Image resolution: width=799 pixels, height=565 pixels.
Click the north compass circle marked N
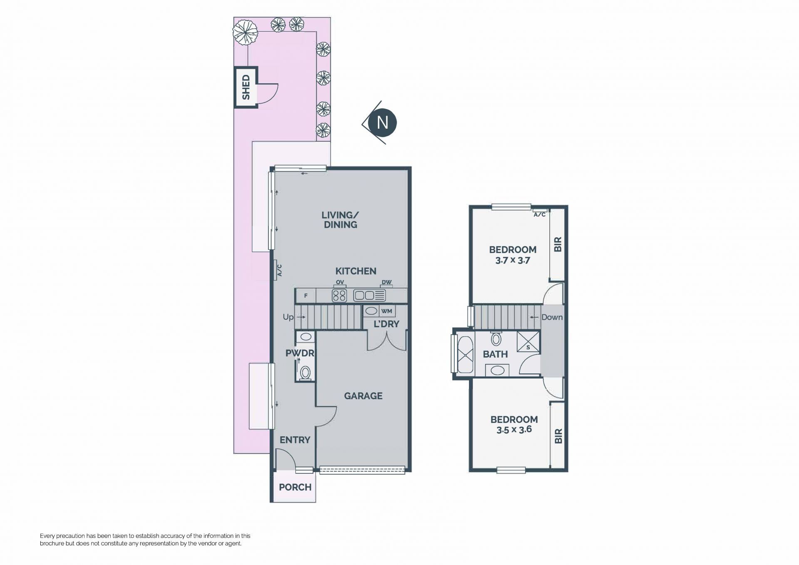382,122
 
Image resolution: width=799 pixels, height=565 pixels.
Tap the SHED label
246,87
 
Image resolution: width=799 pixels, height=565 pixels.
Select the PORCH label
295,487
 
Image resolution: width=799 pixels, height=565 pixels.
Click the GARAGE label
363,396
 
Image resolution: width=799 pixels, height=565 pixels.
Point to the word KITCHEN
356,271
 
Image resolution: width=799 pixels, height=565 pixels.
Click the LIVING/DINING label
340,220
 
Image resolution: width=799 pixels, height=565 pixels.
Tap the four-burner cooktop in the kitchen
340,296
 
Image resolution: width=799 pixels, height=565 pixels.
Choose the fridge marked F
305,296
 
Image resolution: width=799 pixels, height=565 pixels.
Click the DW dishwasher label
387,283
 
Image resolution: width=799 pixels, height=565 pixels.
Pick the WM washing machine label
387,311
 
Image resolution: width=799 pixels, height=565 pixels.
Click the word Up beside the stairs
288,317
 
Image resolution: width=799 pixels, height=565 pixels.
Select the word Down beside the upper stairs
552,317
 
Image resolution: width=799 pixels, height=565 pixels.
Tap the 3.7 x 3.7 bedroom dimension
513,261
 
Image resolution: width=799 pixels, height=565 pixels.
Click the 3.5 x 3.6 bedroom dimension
514,430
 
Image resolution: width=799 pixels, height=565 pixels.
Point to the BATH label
495,354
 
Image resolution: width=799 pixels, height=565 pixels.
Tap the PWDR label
300,353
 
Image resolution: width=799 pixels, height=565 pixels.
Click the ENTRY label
295,440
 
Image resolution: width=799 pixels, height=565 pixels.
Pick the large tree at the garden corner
245,33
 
